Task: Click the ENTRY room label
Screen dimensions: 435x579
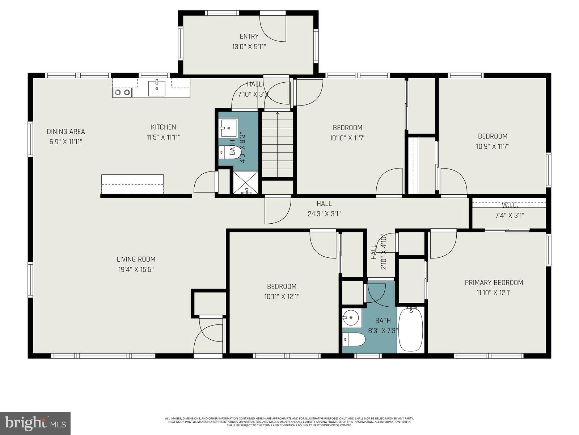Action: pyautogui.click(x=249, y=36)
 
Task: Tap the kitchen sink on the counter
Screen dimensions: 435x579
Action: pyautogui.click(x=157, y=88)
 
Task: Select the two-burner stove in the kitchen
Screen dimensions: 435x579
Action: pyautogui.click(x=122, y=92)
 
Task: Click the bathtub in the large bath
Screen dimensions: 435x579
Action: pyautogui.click(x=411, y=329)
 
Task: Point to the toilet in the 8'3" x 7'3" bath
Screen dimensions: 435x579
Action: pyautogui.click(x=354, y=340)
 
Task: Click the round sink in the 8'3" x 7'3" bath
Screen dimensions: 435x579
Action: pyautogui.click(x=351, y=318)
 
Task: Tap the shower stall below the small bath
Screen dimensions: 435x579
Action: pyautogui.click(x=246, y=183)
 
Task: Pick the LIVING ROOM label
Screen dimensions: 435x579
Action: pyautogui.click(x=136, y=259)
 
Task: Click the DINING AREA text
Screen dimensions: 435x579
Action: pyautogui.click(x=66, y=132)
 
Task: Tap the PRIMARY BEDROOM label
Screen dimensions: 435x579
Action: pyautogui.click(x=494, y=282)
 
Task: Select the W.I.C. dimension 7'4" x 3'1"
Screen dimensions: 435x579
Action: pyautogui.click(x=509, y=215)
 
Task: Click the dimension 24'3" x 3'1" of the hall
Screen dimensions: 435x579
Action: pyautogui.click(x=324, y=214)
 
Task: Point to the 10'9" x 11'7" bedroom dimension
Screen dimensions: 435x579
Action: pyautogui.click(x=493, y=146)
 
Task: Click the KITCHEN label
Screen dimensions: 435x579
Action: pyautogui.click(x=164, y=127)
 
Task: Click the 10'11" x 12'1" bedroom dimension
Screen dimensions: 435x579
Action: pyautogui.click(x=282, y=297)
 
